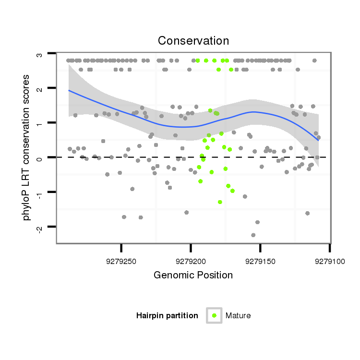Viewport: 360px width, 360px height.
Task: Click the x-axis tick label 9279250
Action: (121, 262)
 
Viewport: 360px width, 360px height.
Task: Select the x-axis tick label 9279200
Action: (191, 262)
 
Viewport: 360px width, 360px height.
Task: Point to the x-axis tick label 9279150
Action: (260, 262)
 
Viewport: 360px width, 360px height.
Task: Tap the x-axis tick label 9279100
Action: (329, 262)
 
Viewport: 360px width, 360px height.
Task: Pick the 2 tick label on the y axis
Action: (40, 89)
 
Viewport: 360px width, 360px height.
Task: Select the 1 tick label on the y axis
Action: (40, 123)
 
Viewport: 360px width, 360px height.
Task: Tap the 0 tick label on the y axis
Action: (40, 158)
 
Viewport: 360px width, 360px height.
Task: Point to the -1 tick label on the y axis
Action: (40, 192)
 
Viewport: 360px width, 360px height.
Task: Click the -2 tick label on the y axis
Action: (40, 227)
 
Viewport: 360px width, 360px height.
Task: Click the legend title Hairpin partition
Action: (167, 315)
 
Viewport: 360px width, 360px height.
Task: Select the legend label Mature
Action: (238, 315)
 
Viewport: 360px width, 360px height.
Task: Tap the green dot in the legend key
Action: (214, 315)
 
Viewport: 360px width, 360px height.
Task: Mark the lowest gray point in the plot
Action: (253, 235)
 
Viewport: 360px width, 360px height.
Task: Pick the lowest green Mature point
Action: (220, 202)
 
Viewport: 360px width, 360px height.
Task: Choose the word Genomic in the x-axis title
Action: (169, 276)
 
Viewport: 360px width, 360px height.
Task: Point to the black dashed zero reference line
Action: (144, 157)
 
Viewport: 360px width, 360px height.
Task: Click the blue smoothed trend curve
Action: (144, 118)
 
